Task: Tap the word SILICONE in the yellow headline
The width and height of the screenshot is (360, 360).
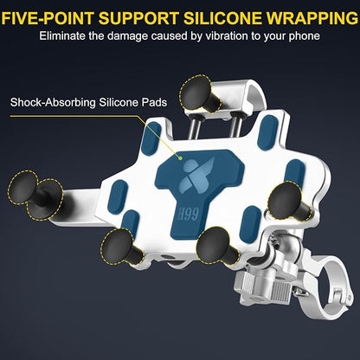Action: click(222, 18)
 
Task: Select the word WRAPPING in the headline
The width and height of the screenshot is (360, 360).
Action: click(312, 18)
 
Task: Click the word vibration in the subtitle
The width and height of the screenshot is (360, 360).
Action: click(227, 36)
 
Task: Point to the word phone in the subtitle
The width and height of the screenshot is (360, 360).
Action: click(304, 37)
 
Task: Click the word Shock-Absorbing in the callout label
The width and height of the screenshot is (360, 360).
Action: click(53, 103)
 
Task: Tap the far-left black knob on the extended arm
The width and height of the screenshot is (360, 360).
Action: click(22, 188)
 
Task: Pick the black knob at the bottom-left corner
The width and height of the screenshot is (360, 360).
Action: click(119, 246)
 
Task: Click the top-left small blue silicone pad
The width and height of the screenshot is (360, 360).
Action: click(151, 138)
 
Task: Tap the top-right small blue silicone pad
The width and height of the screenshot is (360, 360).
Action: click(268, 130)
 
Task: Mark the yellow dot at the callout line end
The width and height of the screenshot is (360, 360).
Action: click(180, 158)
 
